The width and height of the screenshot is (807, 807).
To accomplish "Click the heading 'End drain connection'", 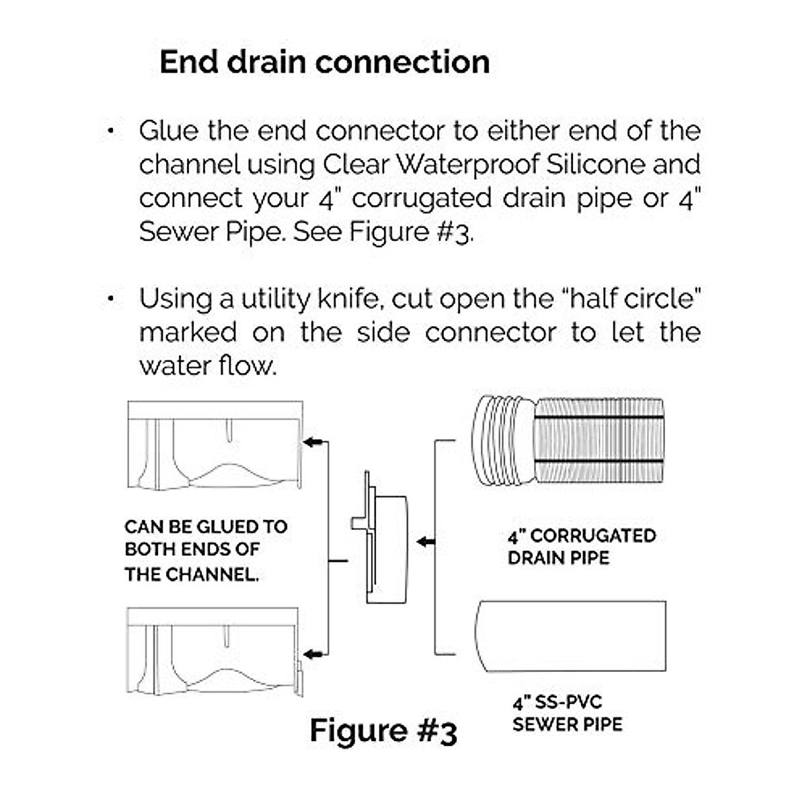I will [324, 62].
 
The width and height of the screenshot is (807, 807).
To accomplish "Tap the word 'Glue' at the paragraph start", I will [168, 130].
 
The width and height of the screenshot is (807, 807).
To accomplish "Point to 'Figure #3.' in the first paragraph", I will [411, 232].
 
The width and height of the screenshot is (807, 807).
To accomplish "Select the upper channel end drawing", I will [215, 445].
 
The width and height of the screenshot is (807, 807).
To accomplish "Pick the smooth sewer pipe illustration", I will [572, 636].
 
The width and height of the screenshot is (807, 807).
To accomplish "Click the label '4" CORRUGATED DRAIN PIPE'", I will [581, 546].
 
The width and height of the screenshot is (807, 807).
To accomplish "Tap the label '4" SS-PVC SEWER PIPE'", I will [566, 714].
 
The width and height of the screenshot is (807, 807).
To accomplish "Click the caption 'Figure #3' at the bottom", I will [383, 730].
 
